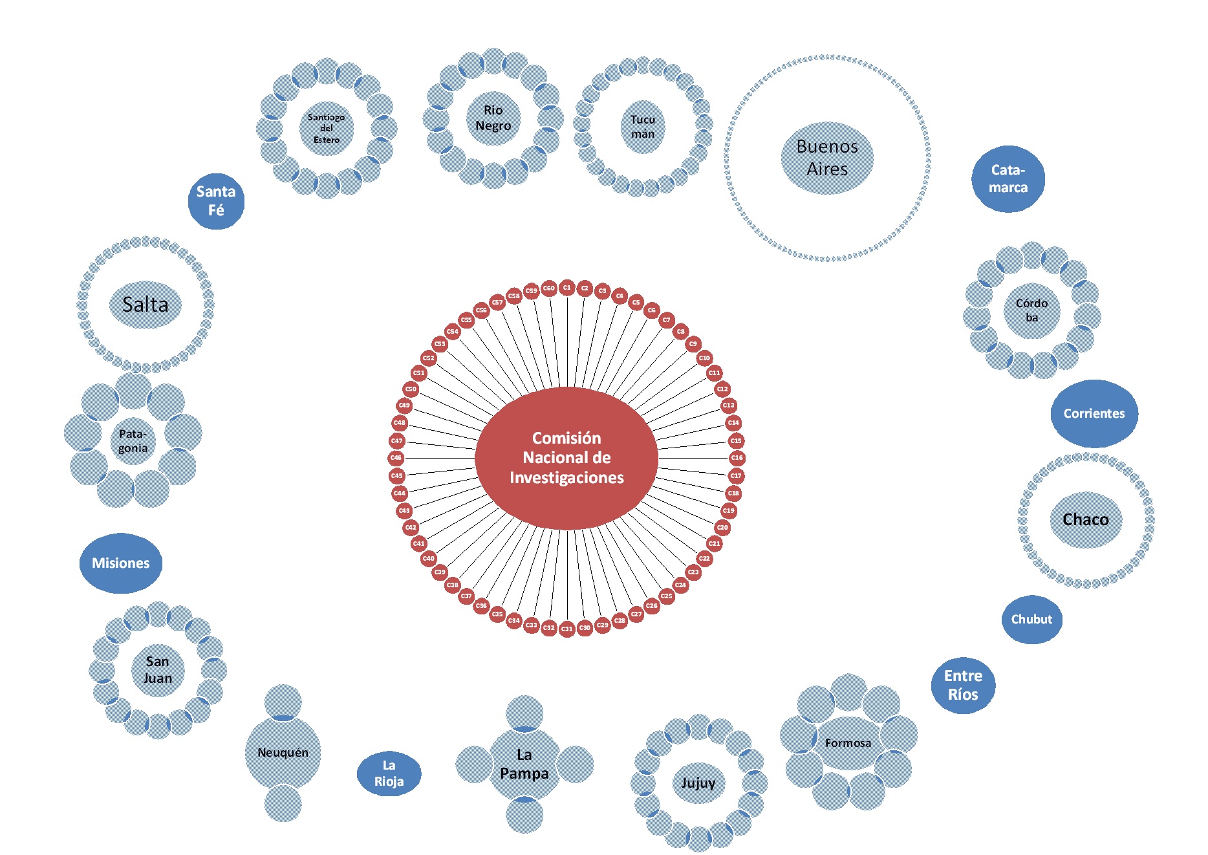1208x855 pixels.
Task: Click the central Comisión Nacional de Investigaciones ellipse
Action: pyautogui.click(x=566, y=458)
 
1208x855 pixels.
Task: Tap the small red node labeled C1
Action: pyautogui.click(x=567, y=287)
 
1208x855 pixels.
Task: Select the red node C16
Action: pyautogui.click(x=737, y=458)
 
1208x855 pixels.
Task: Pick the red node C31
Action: pyautogui.click(x=567, y=629)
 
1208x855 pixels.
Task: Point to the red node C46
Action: pyautogui.click(x=396, y=458)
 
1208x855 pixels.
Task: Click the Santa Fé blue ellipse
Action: pyautogui.click(x=216, y=201)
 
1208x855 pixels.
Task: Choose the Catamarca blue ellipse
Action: pyautogui.click(x=1008, y=179)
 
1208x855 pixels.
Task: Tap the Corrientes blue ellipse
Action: pyautogui.click(x=1094, y=414)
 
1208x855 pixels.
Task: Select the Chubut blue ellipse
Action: pyautogui.click(x=1031, y=620)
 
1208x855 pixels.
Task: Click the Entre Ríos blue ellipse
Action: pyautogui.click(x=963, y=686)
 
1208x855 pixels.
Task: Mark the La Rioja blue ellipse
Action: pyautogui.click(x=389, y=774)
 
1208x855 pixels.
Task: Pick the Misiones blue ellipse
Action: pyautogui.click(x=121, y=563)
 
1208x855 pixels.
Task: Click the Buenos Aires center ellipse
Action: pyautogui.click(x=827, y=158)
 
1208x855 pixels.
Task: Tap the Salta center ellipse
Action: pyautogui.click(x=146, y=305)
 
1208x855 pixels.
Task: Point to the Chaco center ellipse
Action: pyautogui.click(x=1086, y=520)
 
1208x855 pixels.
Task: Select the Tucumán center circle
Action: pyautogui.click(x=643, y=127)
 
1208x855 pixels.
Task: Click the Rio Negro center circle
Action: pyautogui.click(x=493, y=118)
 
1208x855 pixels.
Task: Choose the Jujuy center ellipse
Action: pyautogui.click(x=698, y=783)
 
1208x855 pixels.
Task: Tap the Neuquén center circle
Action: pyautogui.click(x=283, y=753)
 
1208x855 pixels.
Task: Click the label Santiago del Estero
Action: pyautogui.click(x=326, y=129)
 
